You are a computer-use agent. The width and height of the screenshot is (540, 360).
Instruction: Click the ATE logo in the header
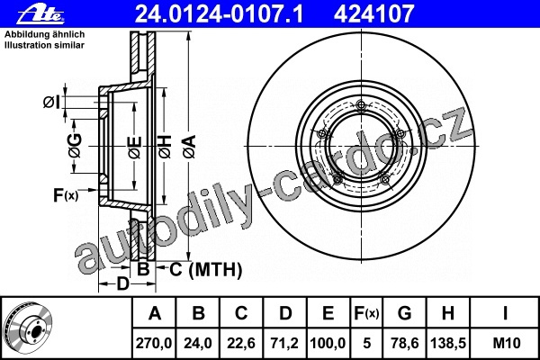[41, 14]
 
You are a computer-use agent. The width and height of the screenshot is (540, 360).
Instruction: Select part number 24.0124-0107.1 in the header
[219, 14]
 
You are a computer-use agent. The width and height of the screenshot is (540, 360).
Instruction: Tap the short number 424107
[373, 14]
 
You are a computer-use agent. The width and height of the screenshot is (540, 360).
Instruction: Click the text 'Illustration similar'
[44, 45]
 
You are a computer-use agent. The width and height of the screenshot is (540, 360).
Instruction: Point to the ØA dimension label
[190, 147]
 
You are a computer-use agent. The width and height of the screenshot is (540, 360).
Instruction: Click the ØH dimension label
[165, 147]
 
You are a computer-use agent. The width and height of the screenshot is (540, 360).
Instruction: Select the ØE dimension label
[135, 147]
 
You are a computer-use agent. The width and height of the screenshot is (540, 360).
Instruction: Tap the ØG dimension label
[75, 146]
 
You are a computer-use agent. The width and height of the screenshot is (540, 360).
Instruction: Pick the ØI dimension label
[51, 103]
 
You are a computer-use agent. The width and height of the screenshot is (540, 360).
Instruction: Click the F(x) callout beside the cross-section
[66, 195]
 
